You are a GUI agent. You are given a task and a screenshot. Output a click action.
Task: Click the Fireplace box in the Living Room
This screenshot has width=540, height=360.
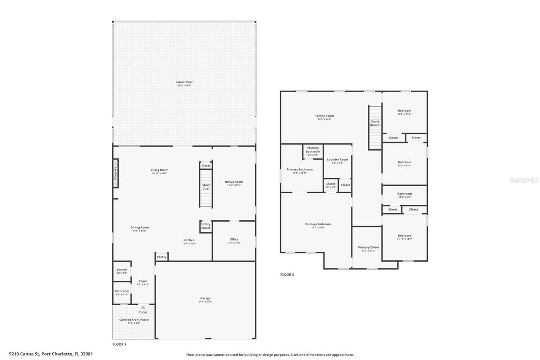(x=116, y=173)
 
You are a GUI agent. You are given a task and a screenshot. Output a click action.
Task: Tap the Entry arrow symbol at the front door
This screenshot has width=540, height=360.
(x=143, y=307)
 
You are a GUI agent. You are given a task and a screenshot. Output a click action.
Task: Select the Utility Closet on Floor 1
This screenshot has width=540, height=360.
(x=205, y=226)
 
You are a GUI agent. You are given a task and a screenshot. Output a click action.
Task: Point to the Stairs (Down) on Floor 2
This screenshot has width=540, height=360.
(x=375, y=127)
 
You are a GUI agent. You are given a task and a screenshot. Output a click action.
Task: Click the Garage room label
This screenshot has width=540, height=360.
(x=205, y=298)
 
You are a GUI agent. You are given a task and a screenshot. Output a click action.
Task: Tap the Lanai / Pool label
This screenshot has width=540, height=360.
(x=184, y=82)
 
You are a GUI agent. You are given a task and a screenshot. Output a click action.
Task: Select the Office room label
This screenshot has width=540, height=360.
(x=234, y=239)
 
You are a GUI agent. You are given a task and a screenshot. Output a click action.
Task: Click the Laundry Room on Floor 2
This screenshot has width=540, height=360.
(x=337, y=160)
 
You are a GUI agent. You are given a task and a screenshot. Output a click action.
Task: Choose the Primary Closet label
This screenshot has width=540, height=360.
(x=369, y=247)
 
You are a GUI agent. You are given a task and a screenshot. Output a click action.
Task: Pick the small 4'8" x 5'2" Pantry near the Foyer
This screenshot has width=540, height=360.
(x=122, y=270)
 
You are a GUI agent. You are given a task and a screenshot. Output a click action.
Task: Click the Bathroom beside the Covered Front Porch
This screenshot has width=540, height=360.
(x=122, y=291)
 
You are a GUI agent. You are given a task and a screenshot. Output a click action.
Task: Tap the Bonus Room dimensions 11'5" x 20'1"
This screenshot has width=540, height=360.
(x=234, y=185)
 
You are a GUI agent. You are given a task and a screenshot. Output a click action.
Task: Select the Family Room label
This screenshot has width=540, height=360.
(x=324, y=116)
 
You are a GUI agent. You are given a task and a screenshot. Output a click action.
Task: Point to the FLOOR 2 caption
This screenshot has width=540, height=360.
(x=287, y=275)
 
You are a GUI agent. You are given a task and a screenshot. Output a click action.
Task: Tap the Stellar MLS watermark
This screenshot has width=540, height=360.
(x=524, y=180)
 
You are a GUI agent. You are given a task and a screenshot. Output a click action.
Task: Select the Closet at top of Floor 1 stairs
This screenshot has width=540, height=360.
(x=206, y=165)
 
